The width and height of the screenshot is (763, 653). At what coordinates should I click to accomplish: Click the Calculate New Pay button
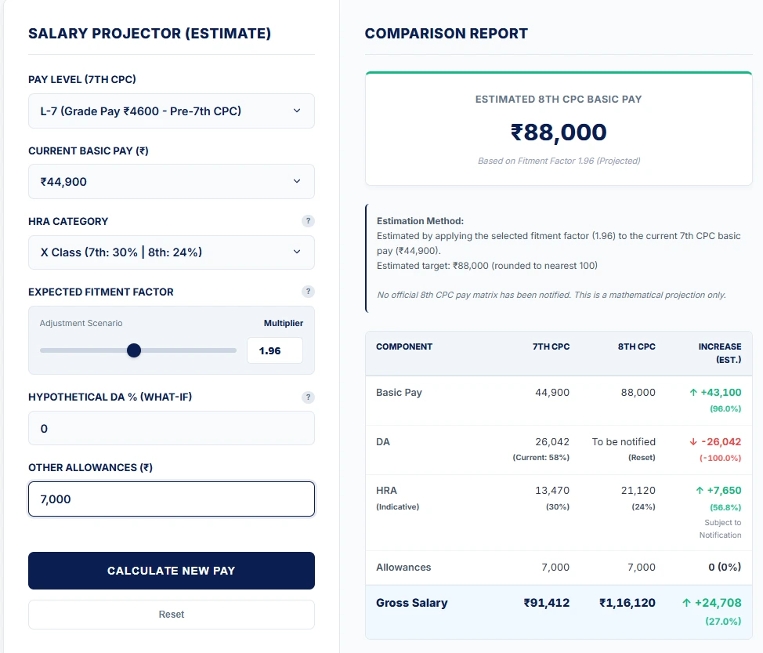[x=171, y=571]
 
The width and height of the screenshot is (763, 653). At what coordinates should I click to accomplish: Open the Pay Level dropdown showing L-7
[x=171, y=111]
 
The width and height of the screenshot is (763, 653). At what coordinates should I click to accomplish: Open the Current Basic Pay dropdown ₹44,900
[x=171, y=182]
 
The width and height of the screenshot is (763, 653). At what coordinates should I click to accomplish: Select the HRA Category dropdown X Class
[x=171, y=252]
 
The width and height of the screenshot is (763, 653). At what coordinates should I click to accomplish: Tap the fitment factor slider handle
[x=134, y=350]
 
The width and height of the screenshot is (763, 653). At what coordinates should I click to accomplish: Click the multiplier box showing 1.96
[x=274, y=350]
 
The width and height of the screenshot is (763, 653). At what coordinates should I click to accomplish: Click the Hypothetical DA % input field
[x=171, y=429]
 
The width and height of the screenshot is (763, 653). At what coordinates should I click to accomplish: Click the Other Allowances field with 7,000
[x=171, y=499]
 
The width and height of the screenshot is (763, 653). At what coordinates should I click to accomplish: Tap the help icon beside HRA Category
[x=308, y=221]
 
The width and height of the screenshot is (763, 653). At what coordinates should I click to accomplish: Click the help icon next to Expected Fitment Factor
[x=308, y=292]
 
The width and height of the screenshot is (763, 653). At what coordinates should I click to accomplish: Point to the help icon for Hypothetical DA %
[x=308, y=397]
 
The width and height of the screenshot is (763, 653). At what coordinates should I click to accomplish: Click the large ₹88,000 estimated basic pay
[x=559, y=132]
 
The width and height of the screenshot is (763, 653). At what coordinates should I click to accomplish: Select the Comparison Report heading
[x=447, y=34]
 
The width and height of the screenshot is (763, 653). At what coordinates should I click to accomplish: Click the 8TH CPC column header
[x=636, y=346]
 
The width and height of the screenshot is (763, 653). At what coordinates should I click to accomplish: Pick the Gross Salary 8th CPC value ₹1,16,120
[x=627, y=603]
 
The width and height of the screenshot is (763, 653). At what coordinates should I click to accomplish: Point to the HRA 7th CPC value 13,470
[x=551, y=491]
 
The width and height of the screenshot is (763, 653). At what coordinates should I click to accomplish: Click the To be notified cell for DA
[x=624, y=442]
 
